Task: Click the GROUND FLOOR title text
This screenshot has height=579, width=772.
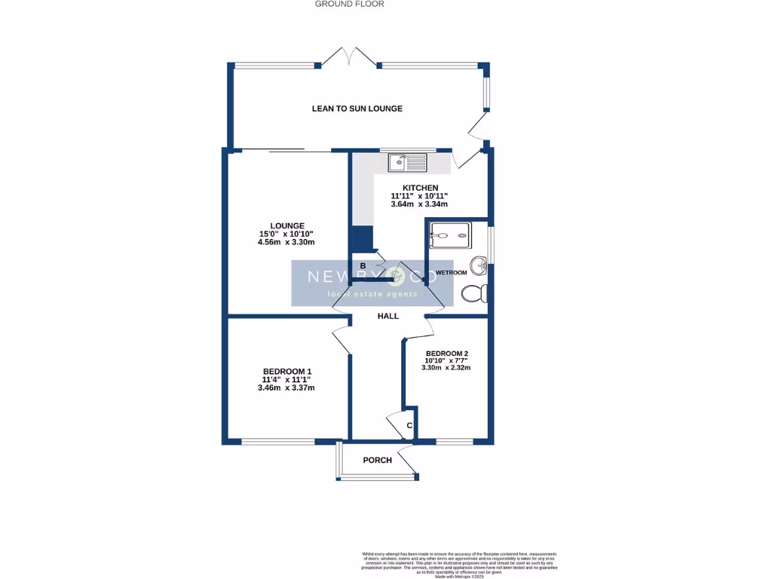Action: point(350,5)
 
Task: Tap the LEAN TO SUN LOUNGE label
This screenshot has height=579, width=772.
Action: point(357,109)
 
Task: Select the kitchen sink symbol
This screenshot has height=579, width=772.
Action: point(407,161)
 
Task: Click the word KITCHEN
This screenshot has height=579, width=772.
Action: point(420,188)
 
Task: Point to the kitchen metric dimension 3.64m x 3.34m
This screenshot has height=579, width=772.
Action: point(420,204)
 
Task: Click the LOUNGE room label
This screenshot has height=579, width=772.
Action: point(287,225)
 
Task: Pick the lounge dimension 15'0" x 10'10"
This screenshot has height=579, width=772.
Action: point(286,234)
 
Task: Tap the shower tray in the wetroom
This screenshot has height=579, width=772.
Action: point(449,234)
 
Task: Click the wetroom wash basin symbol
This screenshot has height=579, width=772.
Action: point(477,265)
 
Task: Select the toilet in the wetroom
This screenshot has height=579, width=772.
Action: point(474,293)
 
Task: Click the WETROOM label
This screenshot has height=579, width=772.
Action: point(451,272)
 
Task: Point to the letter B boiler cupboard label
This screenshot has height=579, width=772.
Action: point(363,266)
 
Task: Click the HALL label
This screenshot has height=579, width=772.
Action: point(388,316)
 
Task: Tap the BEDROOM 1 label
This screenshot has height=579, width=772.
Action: point(286,371)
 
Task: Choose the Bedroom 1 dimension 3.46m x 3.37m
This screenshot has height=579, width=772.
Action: point(286,388)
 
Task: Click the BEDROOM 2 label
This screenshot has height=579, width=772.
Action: point(447,354)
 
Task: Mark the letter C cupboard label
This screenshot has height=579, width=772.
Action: point(409,426)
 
